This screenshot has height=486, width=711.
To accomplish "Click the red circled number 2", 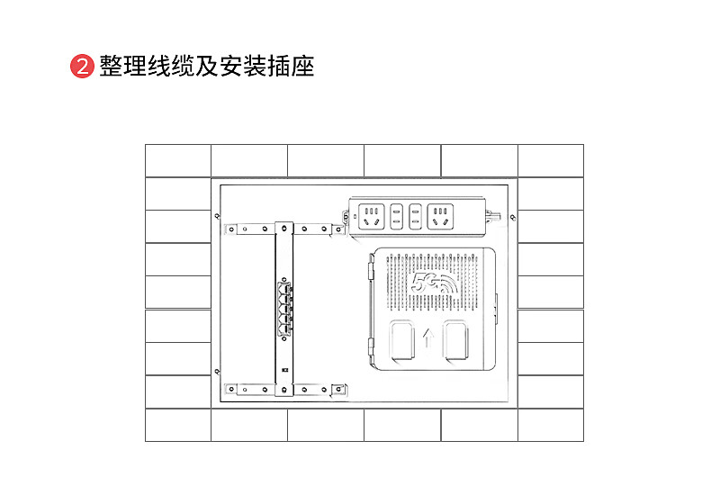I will tap(83, 67).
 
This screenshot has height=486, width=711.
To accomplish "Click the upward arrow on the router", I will tap(428, 339).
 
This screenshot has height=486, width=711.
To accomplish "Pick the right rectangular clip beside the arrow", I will tap(455, 341).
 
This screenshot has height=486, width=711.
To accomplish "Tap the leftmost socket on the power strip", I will tap(370, 216).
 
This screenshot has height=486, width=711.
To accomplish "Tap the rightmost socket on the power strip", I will tap(439, 216).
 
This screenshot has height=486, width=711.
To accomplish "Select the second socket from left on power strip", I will tap(395, 216).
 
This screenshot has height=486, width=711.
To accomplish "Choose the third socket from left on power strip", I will tap(415, 216).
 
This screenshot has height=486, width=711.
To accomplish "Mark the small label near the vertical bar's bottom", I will tap(284, 369).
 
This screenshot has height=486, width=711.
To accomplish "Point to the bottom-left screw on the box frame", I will tap(216, 371).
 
